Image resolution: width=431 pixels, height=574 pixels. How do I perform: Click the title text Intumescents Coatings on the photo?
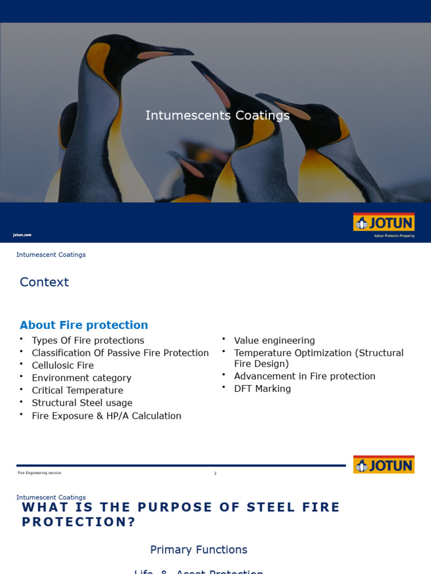pyautogui.click(x=217, y=115)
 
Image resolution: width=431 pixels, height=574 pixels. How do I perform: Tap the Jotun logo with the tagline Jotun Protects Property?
pyautogui.click(x=384, y=224)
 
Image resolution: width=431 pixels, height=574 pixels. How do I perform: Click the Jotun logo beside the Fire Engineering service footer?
pyautogui.click(x=384, y=465)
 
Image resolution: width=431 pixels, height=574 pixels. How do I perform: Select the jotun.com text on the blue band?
pyautogui.click(x=22, y=235)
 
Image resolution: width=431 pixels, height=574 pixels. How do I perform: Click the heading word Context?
pyautogui.click(x=44, y=282)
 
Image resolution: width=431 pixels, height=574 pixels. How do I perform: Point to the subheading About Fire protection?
pyautogui.click(x=84, y=325)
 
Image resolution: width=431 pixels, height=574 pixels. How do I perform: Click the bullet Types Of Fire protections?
pyautogui.click(x=88, y=340)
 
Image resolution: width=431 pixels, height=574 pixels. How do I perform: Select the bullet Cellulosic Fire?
pyautogui.click(x=63, y=365)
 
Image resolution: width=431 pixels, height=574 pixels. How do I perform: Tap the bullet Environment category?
pyautogui.click(x=81, y=378)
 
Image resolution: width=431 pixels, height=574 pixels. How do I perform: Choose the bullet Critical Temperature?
pyautogui.click(x=77, y=390)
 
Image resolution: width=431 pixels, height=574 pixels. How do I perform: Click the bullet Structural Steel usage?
pyautogui.click(x=82, y=402)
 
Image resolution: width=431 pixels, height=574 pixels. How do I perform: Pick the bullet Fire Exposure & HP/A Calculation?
pyautogui.click(x=107, y=416)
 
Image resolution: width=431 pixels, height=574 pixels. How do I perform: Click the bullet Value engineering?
pyautogui.click(x=274, y=340)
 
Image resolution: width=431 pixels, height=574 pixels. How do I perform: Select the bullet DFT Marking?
pyautogui.click(x=263, y=388)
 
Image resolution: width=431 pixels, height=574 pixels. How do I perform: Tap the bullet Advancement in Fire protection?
pyautogui.click(x=305, y=376)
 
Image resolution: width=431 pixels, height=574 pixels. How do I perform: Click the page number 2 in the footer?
pyautogui.click(x=215, y=474)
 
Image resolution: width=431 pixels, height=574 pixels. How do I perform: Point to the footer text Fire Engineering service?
pyautogui.click(x=39, y=473)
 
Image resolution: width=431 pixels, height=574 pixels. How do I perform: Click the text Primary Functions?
pyautogui.click(x=199, y=550)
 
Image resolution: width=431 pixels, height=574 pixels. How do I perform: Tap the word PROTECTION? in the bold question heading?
pyautogui.click(x=79, y=522)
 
